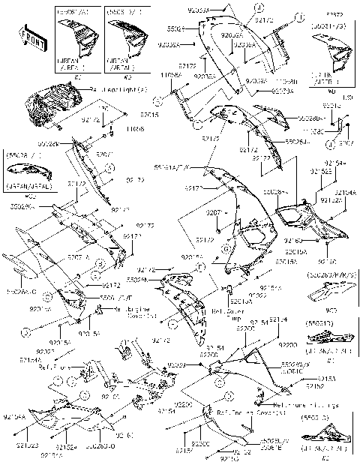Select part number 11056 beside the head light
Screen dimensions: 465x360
click(x=134, y=129)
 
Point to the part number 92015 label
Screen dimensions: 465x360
click(x=149, y=115)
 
